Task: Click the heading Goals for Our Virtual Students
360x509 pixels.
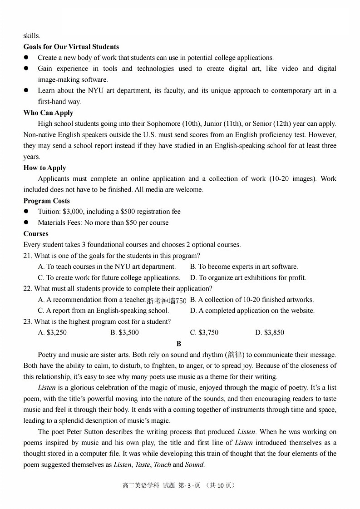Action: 71,47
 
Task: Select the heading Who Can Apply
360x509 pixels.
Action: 48,113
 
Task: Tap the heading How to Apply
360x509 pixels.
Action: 44,168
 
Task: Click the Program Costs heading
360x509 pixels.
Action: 46,201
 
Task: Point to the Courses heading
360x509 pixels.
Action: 36,233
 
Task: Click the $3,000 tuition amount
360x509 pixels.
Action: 73,212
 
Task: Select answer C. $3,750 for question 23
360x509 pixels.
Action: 204,332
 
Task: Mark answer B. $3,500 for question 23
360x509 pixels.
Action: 124,332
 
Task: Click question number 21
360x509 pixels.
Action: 28,256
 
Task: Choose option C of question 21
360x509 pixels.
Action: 109,277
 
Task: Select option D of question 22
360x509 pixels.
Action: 252,311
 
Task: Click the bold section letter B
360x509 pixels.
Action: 179,344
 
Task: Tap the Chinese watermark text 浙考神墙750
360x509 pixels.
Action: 166,301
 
